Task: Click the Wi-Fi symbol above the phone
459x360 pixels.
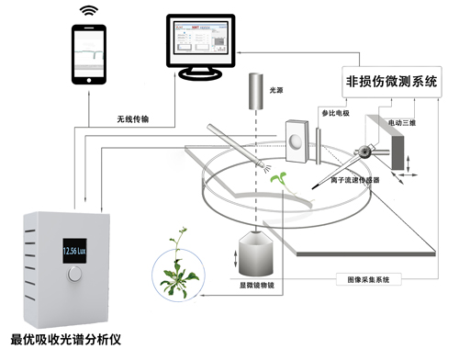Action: pyautogui.click(x=87, y=11)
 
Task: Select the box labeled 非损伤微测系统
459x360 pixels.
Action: pyautogui.click(x=389, y=80)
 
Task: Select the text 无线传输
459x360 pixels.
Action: pyautogui.click(x=135, y=119)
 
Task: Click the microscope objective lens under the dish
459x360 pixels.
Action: pyautogui.click(x=258, y=253)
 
